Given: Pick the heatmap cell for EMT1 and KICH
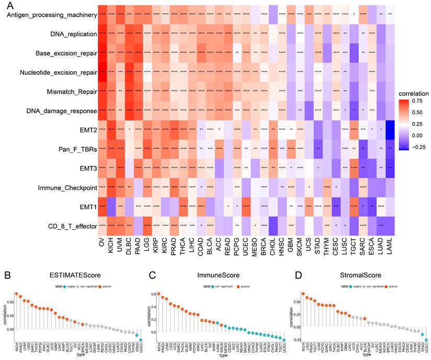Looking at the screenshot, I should pos(111,206).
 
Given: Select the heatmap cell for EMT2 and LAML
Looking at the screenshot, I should pos(388,129).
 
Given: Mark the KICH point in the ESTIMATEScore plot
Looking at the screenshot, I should pos(16,294).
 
